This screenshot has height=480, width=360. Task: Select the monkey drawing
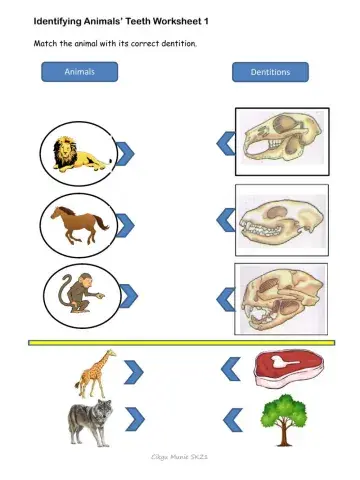(83, 297)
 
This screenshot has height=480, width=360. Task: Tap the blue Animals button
(79, 72)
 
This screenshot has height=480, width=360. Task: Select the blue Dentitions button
(270, 72)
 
